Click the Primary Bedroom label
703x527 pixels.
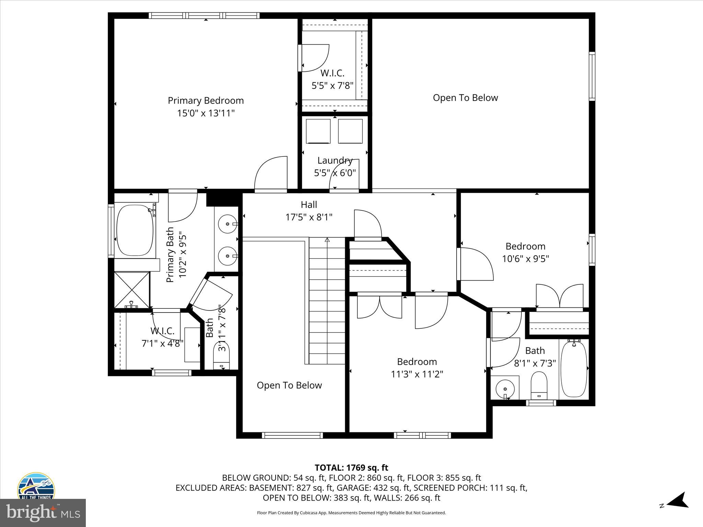[206, 101]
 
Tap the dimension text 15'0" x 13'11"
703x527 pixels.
[206, 113]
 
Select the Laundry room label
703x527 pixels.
[335, 160]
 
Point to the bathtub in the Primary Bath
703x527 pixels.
[135, 230]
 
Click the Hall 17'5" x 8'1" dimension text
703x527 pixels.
[309, 217]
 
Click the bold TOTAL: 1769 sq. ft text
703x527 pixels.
[351, 468]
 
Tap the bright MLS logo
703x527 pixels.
[43, 513]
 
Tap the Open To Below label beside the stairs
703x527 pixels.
[289, 385]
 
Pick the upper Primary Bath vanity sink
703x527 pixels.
[228, 224]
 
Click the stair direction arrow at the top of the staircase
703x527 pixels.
[327, 240]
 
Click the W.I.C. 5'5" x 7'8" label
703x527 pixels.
[332, 79]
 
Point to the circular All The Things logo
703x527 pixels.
[36, 487]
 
